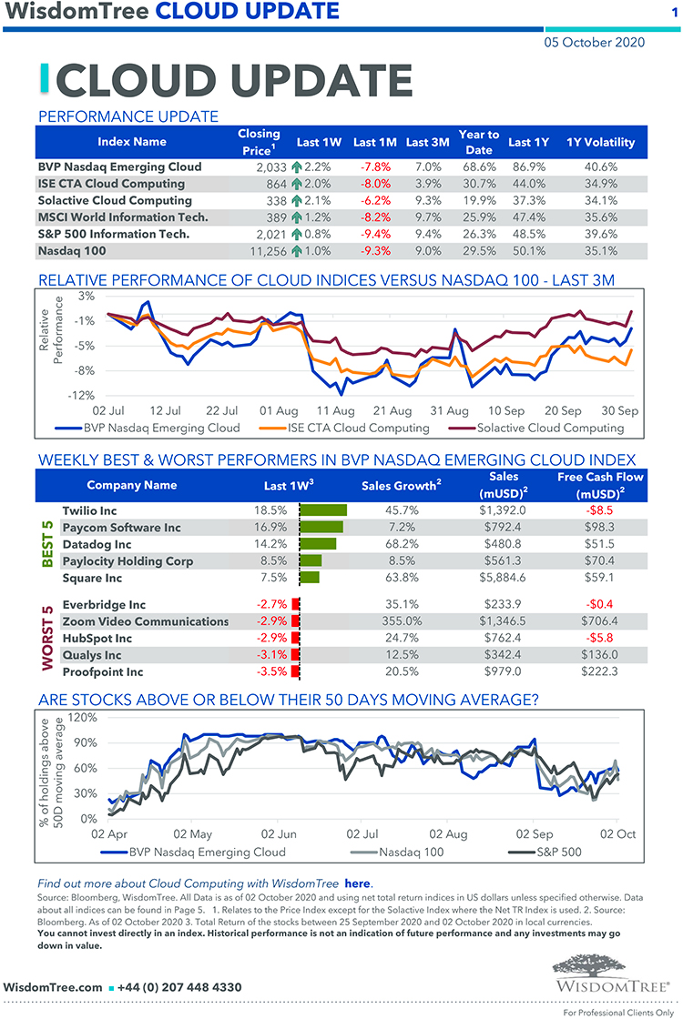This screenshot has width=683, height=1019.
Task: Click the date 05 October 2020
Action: pos(594,42)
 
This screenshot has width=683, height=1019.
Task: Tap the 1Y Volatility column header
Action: pos(600,142)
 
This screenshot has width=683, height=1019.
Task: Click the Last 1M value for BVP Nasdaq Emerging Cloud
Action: pos(376,167)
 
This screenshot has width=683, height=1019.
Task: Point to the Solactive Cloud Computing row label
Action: pos(115,200)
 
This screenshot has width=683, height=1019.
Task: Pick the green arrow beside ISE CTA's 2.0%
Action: pos(296,184)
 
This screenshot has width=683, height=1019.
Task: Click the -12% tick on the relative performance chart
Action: pos(82,395)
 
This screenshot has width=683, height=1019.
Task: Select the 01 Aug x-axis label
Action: pos(279,411)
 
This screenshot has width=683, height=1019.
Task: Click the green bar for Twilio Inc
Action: pos(322,510)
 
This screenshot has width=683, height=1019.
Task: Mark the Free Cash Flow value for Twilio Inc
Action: pos(599,510)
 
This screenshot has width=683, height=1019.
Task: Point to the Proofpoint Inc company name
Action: pos(103,672)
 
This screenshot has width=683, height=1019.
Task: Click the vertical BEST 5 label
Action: pos(47,544)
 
